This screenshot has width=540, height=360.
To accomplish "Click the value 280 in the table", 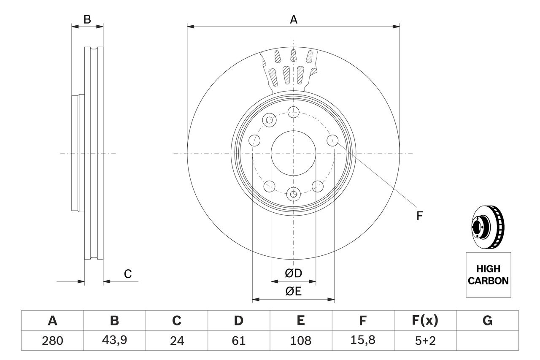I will click(52, 341).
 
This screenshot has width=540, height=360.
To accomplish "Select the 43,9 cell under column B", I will click(114, 341).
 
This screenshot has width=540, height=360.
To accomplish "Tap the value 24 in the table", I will click(176, 341).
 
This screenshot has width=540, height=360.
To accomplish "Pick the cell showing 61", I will click(238, 341).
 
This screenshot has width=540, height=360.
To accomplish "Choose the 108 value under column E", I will click(300, 341).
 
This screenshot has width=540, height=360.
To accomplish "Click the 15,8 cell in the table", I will click(362, 341).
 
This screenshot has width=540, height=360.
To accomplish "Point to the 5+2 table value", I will click(425, 341).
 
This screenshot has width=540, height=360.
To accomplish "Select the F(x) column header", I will click(425, 321).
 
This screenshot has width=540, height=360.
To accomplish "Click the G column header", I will click(487, 321).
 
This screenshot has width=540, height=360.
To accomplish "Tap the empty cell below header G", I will click(487, 341).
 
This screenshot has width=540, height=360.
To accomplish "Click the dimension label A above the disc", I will click(293, 19).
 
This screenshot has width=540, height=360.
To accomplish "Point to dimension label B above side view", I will click(87, 19).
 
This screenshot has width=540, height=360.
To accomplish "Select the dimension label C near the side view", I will click(128, 274).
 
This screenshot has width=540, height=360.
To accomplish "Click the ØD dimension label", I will click(293, 273).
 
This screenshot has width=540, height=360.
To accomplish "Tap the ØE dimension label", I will click(293, 291).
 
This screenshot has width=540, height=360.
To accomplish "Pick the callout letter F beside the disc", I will click(419, 216).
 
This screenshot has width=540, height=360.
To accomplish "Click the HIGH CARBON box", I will click(488, 275).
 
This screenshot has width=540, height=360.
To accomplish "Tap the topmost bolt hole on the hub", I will click(293, 112).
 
